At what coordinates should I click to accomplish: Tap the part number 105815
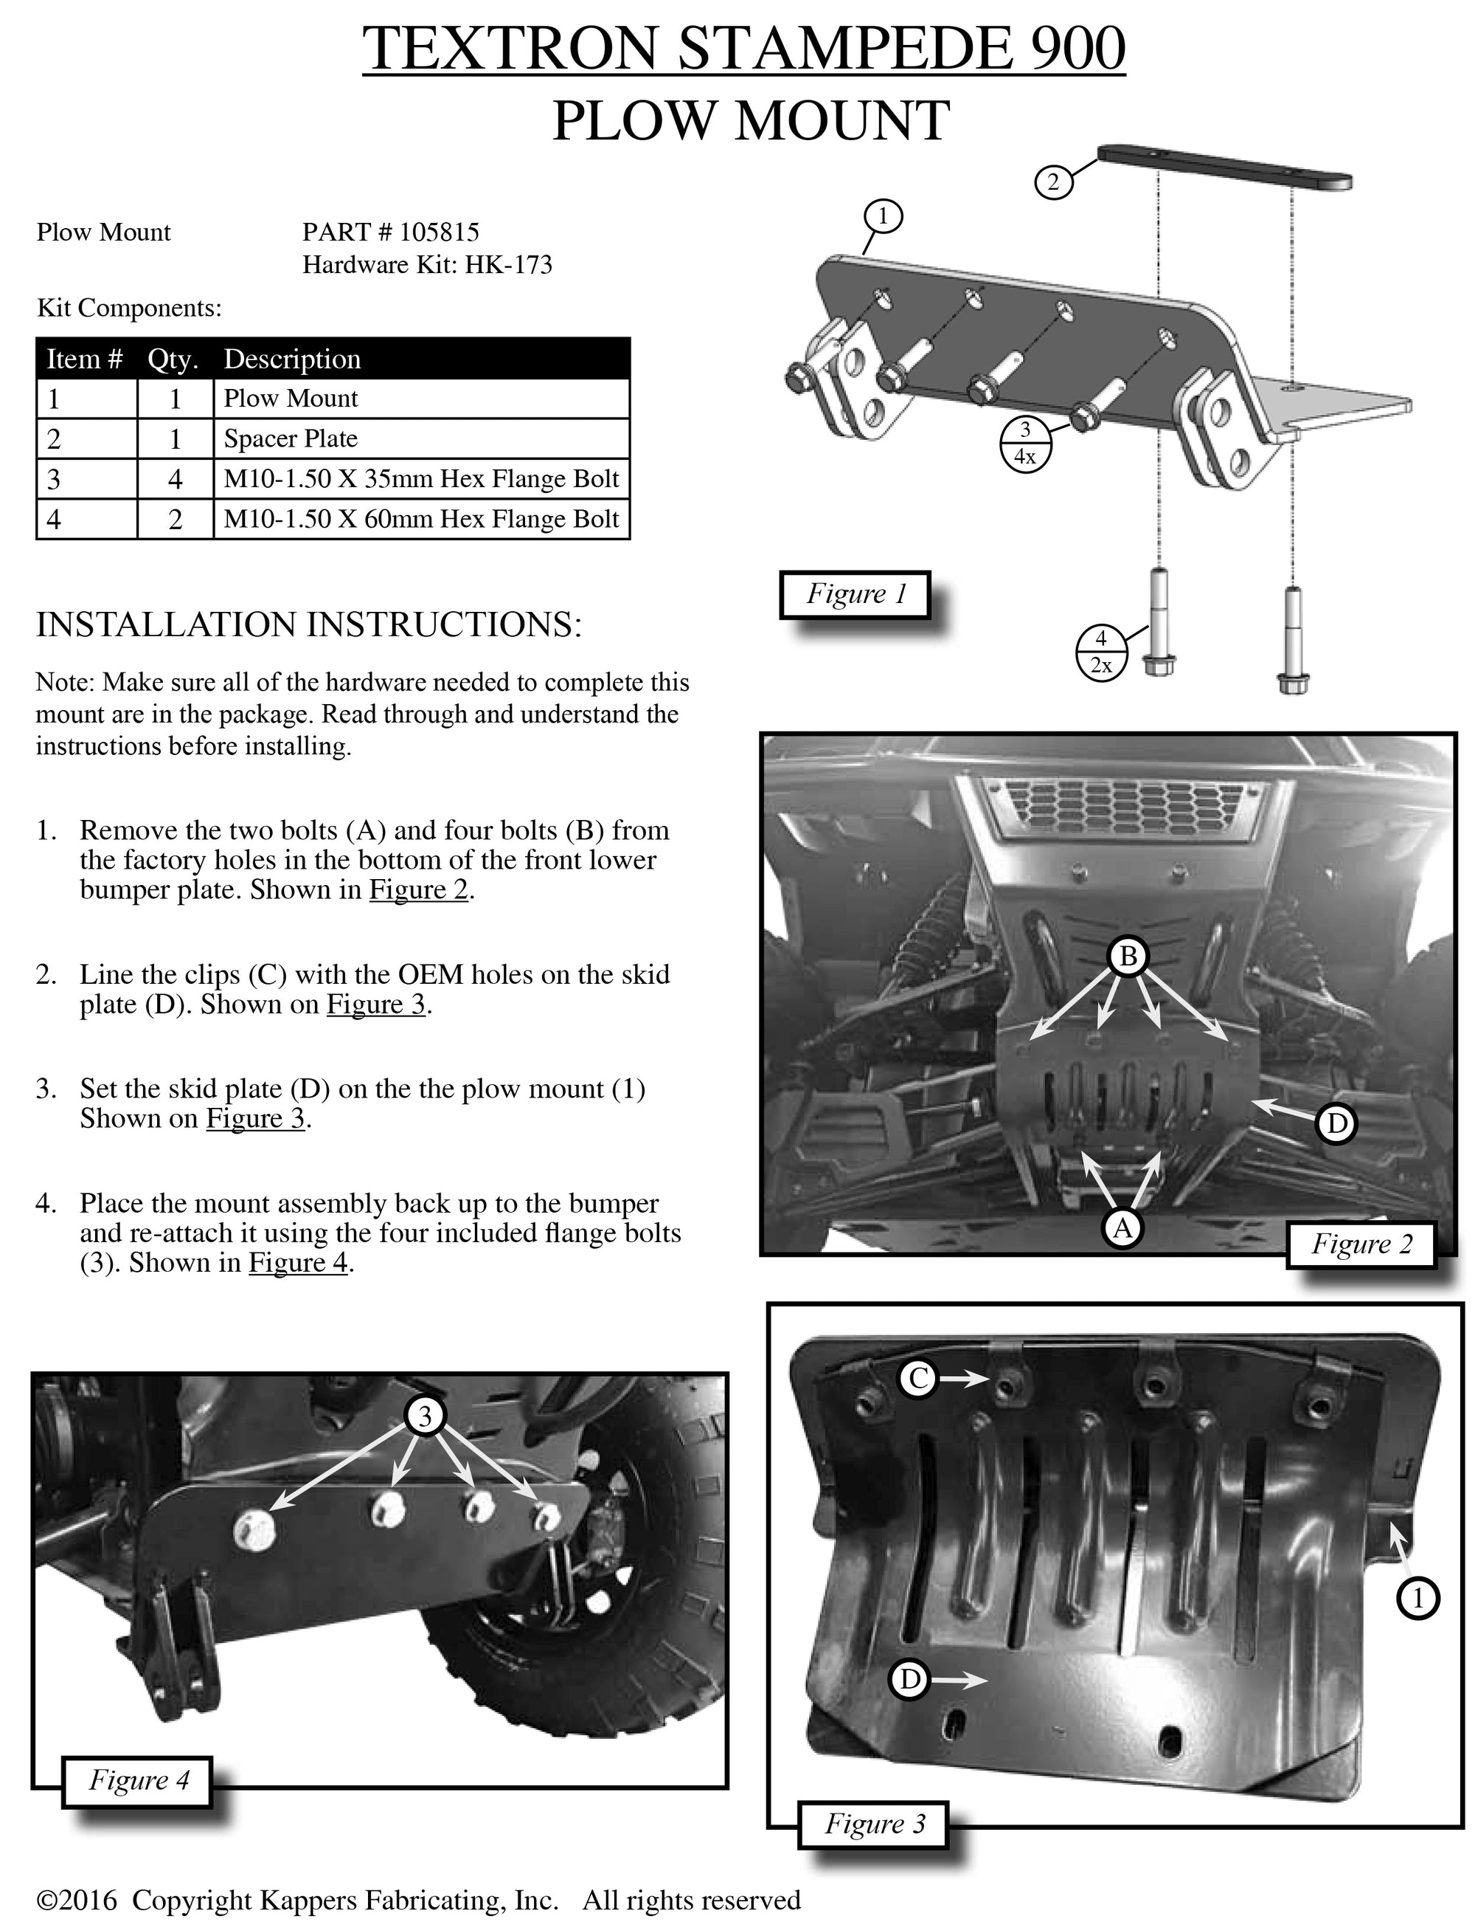click(439, 232)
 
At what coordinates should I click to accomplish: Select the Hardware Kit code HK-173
click(508, 264)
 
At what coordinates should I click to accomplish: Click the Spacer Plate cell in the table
click(290, 438)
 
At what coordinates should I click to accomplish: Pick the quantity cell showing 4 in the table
click(175, 479)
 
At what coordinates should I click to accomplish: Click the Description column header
click(291, 359)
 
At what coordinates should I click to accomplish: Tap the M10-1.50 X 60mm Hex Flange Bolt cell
click(420, 519)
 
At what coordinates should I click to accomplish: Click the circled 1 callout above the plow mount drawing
click(884, 216)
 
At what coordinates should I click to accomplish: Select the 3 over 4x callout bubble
click(1024, 444)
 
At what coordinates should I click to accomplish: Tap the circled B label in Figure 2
click(1128, 955)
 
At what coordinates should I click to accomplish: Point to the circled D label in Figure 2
click(1336, 1123)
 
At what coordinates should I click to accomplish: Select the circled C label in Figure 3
click(918, 1378)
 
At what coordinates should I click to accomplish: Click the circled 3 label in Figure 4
click(425, 1415)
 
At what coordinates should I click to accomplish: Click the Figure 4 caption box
click(139, 1780)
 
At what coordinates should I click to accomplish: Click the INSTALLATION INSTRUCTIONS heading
click(308, 624)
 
